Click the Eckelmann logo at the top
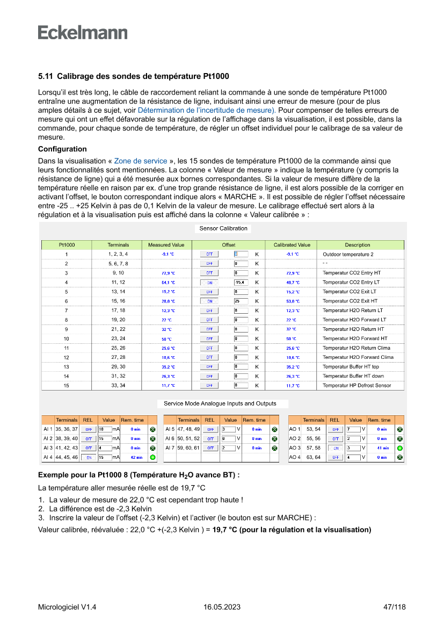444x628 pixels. click(x=83, y=32)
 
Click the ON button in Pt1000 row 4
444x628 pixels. click(x=209, y=282)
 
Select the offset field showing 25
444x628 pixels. click(x=241, y=301)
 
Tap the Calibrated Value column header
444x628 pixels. click(x=292, y=245)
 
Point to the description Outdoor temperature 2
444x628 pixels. click(x=348, y=254)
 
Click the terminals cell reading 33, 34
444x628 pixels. click(x=118, y=386)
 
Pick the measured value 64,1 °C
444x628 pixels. click(x=168, y=282)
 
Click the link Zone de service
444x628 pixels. click(x=141, y=161)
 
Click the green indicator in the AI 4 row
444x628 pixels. click(x=152, y=458)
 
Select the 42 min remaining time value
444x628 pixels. click(x=135, y=458)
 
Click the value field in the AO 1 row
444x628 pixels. click(x=353, y=430)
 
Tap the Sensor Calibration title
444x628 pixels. click(x=223, y=228)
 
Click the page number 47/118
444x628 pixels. click(x=395, y=607)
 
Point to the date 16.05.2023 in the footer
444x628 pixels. click(x=222, y=607)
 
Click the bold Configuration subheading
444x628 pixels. click(x=62, y=149)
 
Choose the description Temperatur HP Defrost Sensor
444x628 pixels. click(x=356, y=386)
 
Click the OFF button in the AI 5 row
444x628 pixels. click(x=210, y=430)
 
